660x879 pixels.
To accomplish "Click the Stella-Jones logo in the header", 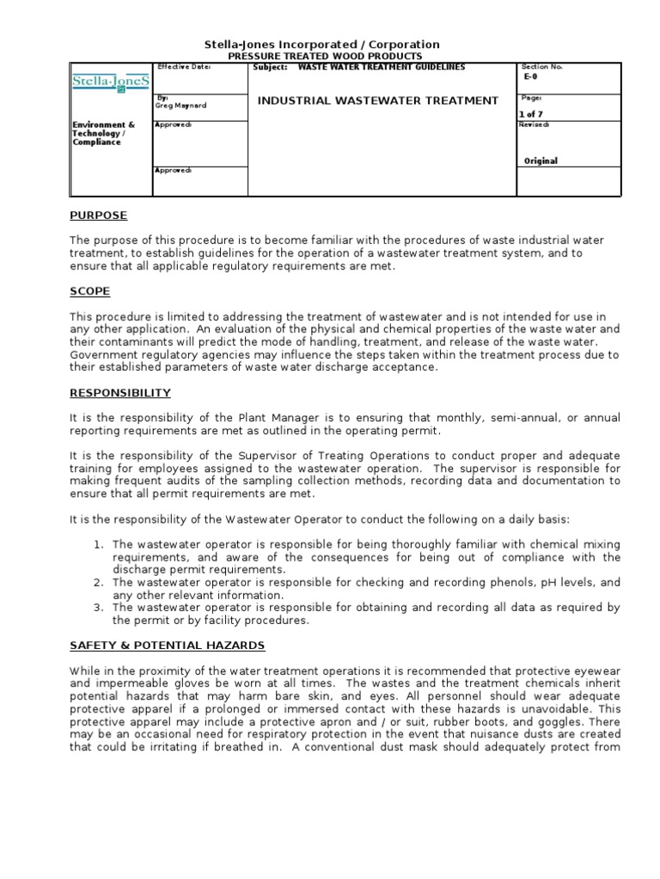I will (110, 83).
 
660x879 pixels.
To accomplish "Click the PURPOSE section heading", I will (98, 215).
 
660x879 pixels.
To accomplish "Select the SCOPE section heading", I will (89, 292).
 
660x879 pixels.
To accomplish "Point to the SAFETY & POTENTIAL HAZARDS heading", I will (168, 645).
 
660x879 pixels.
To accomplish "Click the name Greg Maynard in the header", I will (181, 106).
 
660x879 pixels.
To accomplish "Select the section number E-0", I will (530, 76).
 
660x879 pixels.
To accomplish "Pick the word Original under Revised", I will (541, 161).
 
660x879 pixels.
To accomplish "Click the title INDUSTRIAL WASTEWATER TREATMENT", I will (378, 100).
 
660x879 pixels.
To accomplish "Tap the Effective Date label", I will (184, 67).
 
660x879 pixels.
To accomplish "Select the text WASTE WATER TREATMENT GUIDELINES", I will (381, 67).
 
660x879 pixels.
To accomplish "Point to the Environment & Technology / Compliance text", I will (103, 133).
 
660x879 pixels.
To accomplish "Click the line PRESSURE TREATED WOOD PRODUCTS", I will (322, 56).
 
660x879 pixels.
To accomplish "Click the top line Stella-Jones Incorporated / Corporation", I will (322, 44).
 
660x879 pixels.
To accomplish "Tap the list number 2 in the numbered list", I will (100, 583).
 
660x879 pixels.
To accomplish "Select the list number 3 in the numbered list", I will (100, 608).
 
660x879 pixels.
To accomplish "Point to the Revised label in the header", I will (534, 124).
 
